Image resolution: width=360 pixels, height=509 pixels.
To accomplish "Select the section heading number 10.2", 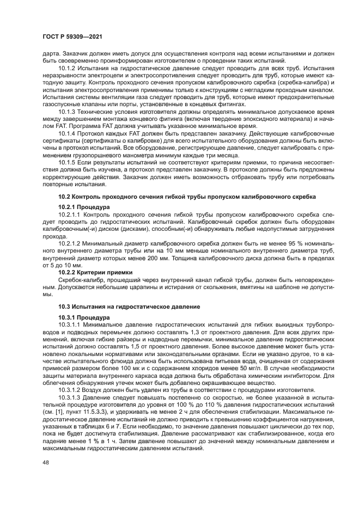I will (64, 195).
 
